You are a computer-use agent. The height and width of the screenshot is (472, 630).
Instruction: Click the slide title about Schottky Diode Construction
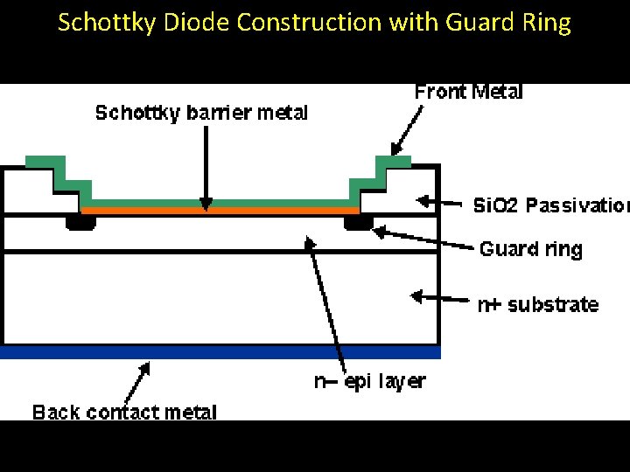[314, 23]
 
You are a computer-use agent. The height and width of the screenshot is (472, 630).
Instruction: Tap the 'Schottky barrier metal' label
[201, 113]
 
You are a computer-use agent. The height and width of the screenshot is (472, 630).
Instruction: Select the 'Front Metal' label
[468, 92]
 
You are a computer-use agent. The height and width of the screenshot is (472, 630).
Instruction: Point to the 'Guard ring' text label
[530, 249]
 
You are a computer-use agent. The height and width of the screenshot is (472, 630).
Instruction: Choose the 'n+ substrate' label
[537, 305]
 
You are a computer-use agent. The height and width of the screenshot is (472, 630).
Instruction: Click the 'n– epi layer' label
[369, 381]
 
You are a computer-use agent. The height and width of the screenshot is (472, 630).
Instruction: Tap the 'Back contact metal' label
[124, 412]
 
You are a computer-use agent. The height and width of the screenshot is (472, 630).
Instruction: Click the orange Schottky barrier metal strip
[220, 211]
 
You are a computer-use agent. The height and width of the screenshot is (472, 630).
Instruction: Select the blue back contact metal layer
[220, 352]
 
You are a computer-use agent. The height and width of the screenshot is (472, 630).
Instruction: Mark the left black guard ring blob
[81, 223]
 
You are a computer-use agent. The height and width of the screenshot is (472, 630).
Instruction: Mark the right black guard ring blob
[357, 224]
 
